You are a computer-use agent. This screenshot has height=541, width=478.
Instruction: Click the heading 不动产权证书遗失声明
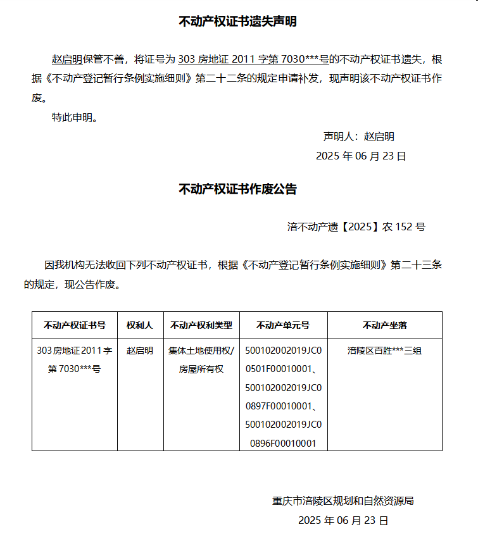(238, 22)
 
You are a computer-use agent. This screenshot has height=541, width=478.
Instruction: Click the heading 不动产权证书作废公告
(238, 189)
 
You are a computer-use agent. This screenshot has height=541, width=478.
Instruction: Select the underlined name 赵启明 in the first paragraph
(66, 60)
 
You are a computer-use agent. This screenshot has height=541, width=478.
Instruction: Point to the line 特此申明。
(75, 118)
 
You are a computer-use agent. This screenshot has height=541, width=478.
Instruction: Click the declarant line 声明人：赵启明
(359, 137)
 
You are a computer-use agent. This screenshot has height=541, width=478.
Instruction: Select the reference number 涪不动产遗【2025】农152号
(356, 227)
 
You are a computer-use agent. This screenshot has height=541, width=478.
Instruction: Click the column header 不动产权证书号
(75, 325)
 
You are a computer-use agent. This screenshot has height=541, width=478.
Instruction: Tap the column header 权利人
(140, 325)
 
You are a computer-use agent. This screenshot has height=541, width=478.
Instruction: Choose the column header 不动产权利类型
(201, 325)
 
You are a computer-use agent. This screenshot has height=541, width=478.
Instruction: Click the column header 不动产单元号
(283, 325)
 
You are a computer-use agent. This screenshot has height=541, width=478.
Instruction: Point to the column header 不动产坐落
(384, 325)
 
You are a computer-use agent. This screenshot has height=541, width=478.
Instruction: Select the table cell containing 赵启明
(140, 351)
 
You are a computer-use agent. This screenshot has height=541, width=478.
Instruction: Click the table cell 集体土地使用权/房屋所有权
(201, 359)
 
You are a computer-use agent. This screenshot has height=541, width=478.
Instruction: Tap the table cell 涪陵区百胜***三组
(384, 351)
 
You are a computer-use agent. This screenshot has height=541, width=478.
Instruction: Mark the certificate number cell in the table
(75, 359)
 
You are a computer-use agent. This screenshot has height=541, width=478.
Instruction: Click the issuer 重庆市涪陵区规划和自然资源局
(343, 501)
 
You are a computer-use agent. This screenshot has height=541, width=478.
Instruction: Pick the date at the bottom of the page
(343, 521)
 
